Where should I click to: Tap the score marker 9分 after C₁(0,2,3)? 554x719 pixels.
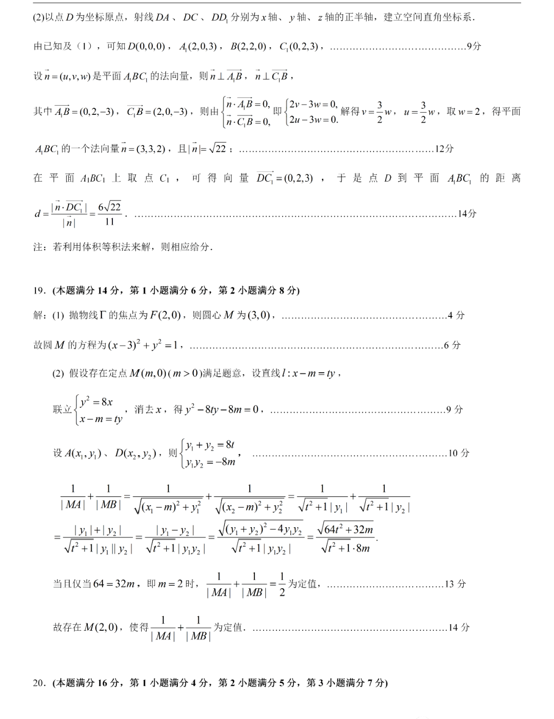(474, 46)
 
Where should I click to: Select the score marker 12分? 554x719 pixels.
(444, 149)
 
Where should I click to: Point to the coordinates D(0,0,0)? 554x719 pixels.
(146, 47)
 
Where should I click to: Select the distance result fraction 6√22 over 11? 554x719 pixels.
(109, 214)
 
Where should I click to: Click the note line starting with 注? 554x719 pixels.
(123, 247)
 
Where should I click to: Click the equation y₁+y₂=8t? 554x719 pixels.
(210, 445)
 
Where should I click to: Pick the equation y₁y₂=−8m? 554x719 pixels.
(210, 462)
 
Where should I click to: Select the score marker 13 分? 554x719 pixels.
(456, 584)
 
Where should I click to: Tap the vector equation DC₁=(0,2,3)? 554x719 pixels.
(285, 178)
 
